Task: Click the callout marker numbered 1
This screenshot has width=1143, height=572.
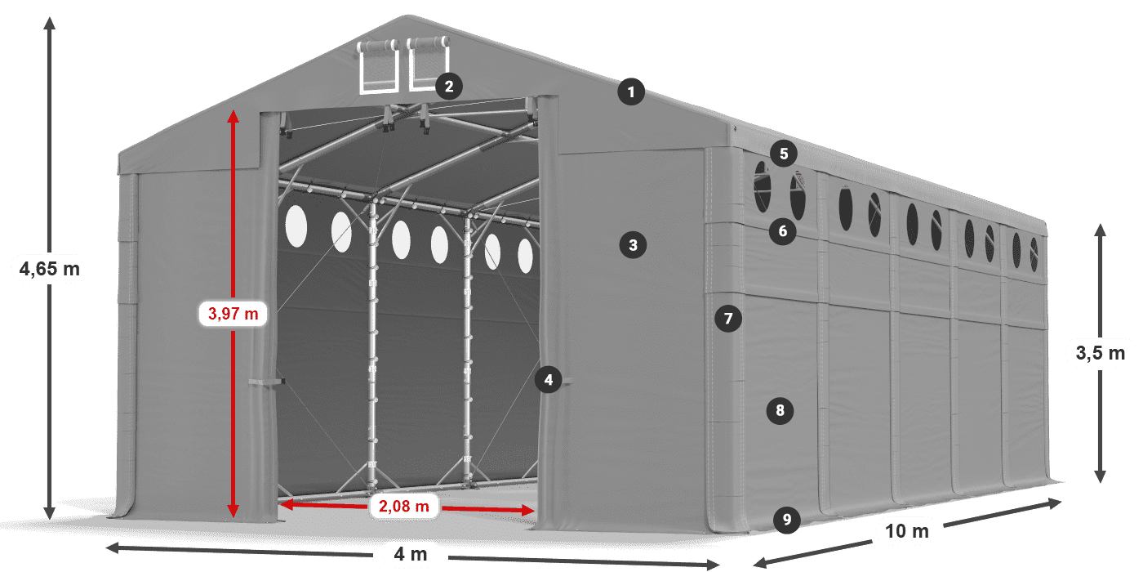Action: coord(631,92)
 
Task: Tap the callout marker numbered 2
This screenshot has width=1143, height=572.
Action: coord(449,86)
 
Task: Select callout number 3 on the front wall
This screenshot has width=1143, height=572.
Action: coord(633,244)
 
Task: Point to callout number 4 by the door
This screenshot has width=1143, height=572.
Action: coord(549,379)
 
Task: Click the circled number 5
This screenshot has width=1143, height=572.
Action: coord(784,153)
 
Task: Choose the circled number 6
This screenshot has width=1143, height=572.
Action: coord(783,231)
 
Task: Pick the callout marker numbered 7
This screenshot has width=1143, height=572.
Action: coord(728,318)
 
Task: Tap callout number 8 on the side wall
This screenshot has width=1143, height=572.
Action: coord(781,410)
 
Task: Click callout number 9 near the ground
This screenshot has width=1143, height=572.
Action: coord(786,519)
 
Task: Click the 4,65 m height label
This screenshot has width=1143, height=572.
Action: coord(49,268)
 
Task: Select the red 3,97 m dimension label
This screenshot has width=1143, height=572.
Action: coord(233,312)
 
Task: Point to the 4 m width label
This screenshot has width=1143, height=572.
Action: coord(411,555)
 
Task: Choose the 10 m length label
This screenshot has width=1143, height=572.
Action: coord(907,532)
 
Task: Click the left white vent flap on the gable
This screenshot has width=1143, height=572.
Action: coord(377,65)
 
